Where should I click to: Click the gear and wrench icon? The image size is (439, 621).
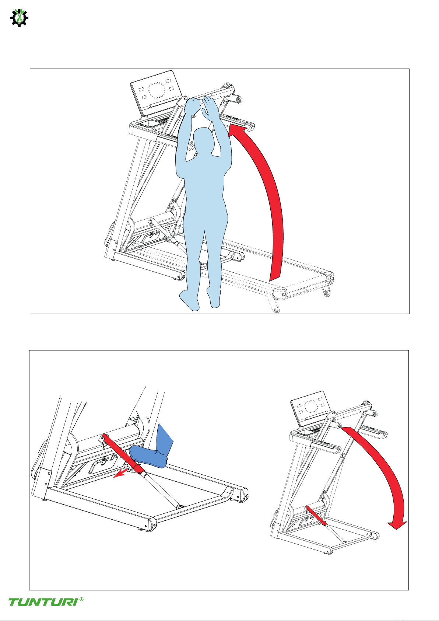click(x=19, y=18)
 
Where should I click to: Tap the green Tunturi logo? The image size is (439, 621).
click(x=43, y=602)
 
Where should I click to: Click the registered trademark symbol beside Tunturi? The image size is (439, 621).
click(x=81, y=599)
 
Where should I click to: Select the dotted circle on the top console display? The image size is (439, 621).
click(x=157, y=90)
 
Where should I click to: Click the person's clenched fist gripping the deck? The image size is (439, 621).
click(x=193, y=105)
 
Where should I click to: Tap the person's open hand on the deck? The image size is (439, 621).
click(x=209, y=107)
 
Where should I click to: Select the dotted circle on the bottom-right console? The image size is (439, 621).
click(x=311, y=407)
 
